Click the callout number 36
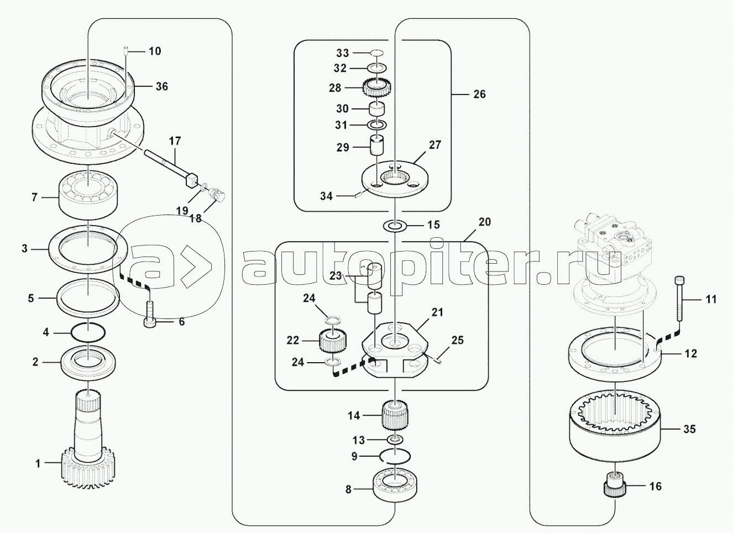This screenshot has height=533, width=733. pos(161,86)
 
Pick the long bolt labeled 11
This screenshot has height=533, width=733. pos(680,297)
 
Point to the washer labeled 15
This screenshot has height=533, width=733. pos(395,226)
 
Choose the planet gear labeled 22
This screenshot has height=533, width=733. pos(332,341)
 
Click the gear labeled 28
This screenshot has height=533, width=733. pos(378,87)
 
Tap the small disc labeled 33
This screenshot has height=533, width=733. pos(378,53)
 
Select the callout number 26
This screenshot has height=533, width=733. pos(479,94)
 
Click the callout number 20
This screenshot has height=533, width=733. pos(484,222)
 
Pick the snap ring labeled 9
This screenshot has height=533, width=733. pos(395,456)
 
